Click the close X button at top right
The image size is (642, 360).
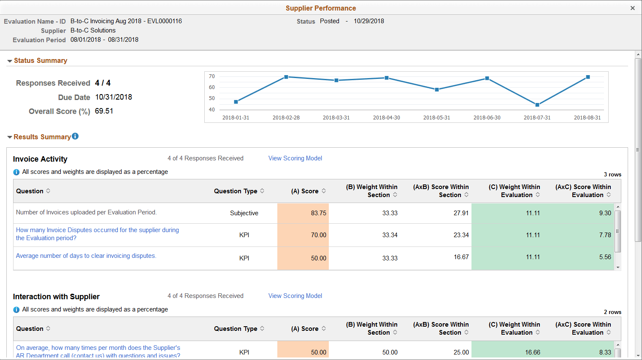[632, 8]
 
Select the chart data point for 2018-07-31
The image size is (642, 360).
[537, 105]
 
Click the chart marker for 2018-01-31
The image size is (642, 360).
[236, 102]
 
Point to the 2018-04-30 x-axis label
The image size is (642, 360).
[386, 118]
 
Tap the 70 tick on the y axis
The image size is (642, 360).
[212, 76]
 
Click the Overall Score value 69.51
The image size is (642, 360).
[104, 111]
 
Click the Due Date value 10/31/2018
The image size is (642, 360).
[114, 97]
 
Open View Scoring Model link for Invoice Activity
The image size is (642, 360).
[295, 158]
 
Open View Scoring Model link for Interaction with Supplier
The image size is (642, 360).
[295, 296]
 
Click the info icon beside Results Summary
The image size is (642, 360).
[75, 136]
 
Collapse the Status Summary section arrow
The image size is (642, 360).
[9, 61]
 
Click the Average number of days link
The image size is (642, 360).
[86, 256]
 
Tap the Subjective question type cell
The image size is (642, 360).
[244, 213]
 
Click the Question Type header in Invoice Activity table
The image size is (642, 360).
[236, 191]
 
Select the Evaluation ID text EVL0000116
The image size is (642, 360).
[164, 21]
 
